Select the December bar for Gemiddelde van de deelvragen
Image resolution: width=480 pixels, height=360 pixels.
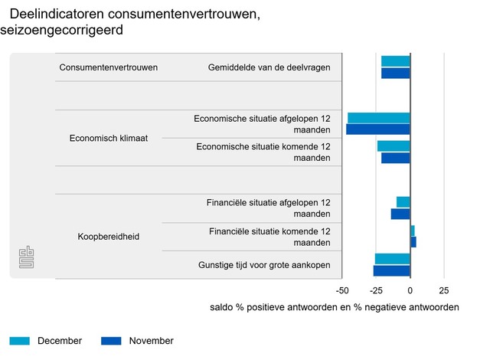pos(395,61)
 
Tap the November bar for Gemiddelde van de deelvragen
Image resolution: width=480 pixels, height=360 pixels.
pos(395,74)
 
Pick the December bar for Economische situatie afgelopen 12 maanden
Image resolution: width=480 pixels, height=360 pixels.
pos(378,118)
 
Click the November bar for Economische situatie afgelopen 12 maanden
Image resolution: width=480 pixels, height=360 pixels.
pos(377,129)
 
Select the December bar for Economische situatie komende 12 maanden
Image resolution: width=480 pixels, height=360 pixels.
pos(393,146)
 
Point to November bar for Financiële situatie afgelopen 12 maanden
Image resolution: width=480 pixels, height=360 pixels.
pos(400,214)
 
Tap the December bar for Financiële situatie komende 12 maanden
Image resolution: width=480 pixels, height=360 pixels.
pos(412,231)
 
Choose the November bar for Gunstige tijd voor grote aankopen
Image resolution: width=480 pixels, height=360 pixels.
pos(391,270)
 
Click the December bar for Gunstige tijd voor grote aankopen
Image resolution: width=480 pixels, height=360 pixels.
pos(392,259)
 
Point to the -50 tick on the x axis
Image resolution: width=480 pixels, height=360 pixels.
pos(342,291)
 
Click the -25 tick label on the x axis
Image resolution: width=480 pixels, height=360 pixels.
pos(376,291)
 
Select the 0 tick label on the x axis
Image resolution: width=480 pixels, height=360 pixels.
pos(410,291)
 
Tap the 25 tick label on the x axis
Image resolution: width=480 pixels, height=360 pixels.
pos(443,291)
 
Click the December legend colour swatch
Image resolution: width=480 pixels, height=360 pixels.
pos(19,341)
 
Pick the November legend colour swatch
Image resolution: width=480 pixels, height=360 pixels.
pos(111,341)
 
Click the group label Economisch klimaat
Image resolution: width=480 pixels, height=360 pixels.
pos(108,139)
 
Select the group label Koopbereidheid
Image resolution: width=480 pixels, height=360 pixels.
pos(108,237)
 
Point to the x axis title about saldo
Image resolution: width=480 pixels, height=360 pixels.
pos(334,307)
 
